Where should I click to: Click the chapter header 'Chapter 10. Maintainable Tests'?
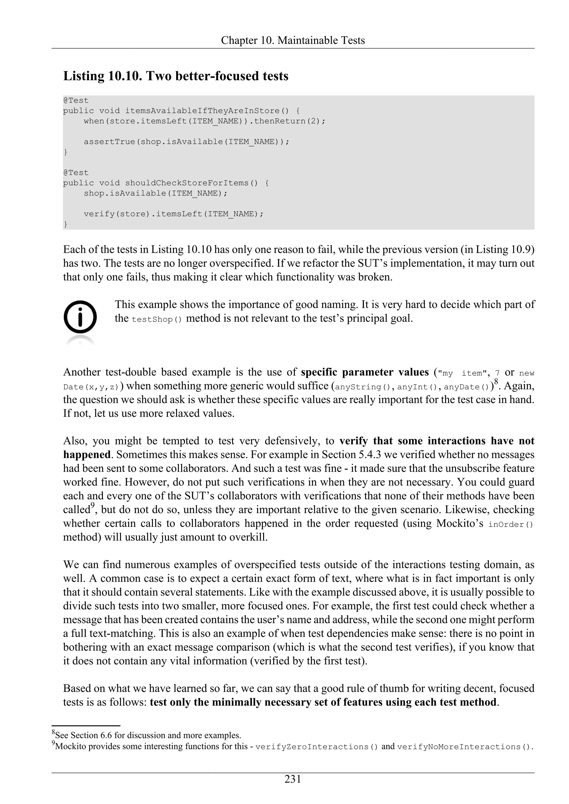(293, 41)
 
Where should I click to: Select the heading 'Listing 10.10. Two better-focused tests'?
(176, 76)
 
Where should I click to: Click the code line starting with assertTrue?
(186, 142)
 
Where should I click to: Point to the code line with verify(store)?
(173, 214)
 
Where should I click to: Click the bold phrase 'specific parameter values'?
(365, 372)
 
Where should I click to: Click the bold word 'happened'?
(87, 454)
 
